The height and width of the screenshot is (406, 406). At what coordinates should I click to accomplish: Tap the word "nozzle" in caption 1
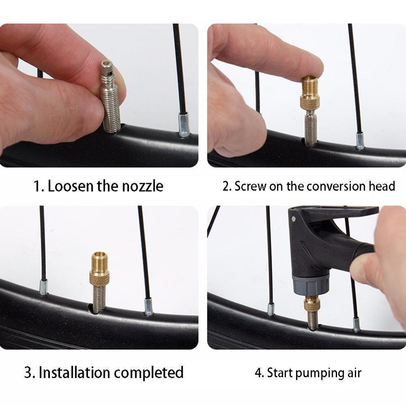click(143, 186)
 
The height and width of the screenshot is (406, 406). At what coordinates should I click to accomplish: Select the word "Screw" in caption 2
click(250, 186)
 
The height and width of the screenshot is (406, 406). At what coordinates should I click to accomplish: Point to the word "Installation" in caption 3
click(74, 373)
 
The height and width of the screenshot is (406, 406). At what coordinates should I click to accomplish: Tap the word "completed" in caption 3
click(148, 373)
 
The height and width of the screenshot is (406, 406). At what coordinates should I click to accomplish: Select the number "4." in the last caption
click(259, 373)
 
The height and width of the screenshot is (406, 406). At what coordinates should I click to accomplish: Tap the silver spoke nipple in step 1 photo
click(183, 125)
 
